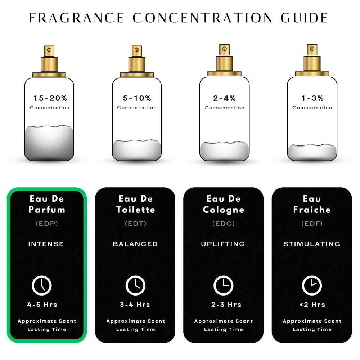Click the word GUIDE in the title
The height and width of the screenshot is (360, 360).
pos(305,18)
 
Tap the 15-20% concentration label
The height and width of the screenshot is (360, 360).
pos(50,98)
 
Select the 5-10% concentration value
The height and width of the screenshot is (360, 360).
pos(137,98)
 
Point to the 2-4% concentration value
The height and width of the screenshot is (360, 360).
pos(224,98)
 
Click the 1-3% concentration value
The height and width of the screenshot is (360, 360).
pos(312,98)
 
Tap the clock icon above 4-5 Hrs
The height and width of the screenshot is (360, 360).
pos(41,285)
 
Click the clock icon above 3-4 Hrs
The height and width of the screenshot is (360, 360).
pos(135,285)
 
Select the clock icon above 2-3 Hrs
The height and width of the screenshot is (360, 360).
pos(224,285)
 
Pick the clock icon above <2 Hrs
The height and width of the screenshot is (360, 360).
pos(312,285)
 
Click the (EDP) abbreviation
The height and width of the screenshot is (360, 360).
pos(47,224)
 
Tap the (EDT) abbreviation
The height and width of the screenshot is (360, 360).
pos(135,224)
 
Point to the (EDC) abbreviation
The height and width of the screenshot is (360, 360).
pos(224,224)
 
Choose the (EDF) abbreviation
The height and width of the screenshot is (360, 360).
pos(312,224)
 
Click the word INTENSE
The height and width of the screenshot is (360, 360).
pos(46,244)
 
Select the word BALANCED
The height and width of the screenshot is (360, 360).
pos(135,244)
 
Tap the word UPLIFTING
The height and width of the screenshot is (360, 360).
pos(223,244)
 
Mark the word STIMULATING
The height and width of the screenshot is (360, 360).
pos(312,244)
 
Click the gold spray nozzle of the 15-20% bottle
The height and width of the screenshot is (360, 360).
pos(49,51)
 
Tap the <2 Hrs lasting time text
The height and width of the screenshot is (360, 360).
pos(312,305)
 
